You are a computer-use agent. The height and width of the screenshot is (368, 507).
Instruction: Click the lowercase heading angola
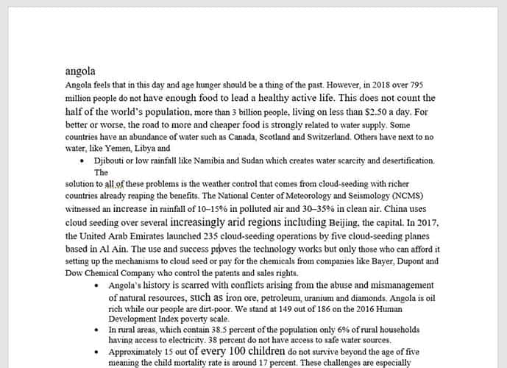coord(80,71)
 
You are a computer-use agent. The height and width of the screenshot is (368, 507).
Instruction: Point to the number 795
coord(414,85)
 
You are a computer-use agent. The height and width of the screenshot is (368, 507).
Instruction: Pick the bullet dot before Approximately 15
coord(99,353)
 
